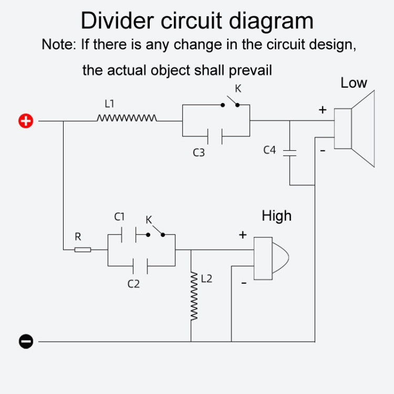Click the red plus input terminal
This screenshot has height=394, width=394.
click(26, 121)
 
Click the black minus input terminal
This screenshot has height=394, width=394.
click(26, 341)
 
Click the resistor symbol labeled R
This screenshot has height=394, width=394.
click(82, 249)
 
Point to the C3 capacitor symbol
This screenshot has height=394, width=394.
click(215, 136)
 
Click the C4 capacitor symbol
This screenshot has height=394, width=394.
click(289, 152)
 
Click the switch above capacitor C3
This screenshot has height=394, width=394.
click(231, 102)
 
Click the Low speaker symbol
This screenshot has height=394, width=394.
click(357, 129)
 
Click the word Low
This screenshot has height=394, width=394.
click(354, 83)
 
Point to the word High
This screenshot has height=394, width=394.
click(276, 215)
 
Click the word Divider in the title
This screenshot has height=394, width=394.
click(117, 21)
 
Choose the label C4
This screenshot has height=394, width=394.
click(269, 150)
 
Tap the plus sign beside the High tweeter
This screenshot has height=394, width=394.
click(242, 235)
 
